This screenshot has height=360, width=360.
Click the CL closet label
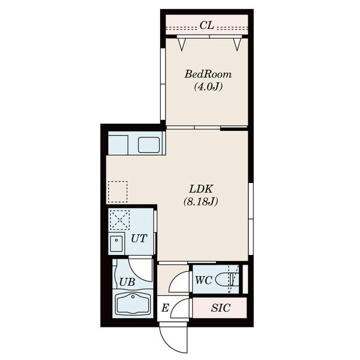(x=206, y=25)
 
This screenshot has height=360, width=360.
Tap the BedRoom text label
(x=208, y=74)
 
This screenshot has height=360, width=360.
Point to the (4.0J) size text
(x=208, y=87)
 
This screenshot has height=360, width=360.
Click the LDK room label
(x=201, y=189)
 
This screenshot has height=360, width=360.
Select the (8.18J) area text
(x=200, y=202)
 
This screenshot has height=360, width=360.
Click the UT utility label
(x=139, y=239)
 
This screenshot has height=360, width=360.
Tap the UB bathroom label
(x=127, y=282)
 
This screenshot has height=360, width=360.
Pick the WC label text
(x=203, y=280)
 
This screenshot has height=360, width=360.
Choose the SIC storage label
(x=221, y=308)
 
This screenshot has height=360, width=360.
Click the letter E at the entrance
(x=165, y=308)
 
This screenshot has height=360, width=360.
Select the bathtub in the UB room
(x=133, y=304)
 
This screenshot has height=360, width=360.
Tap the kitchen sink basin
(x=149, y=145)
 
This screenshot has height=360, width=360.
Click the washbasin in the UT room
(x=116, y=244)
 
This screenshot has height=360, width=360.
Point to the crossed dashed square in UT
(x=119, y=220)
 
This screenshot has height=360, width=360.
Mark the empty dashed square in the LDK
(x=118, y=192)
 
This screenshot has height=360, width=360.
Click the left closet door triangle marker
(x=182, y=44)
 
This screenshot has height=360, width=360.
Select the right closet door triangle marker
(x=237, y=44)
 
